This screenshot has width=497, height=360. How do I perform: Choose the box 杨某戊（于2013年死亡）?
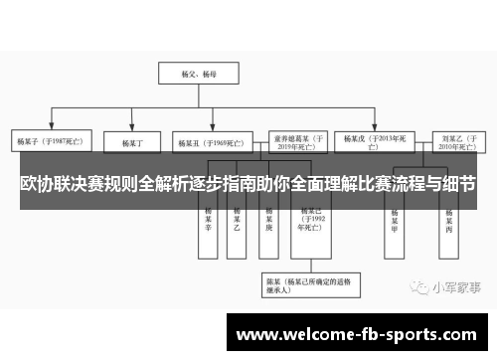tap(373, 143)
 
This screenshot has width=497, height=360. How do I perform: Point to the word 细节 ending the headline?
tap(458, 185)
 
